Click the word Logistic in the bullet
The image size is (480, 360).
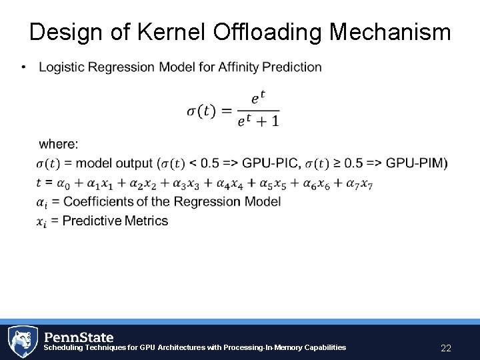coord(60,67)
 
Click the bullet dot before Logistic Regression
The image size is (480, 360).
coord(23,67)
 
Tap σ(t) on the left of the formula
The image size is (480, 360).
coord(201,111)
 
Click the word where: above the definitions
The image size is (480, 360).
coord(59,144)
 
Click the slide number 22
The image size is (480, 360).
coord(446,348)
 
